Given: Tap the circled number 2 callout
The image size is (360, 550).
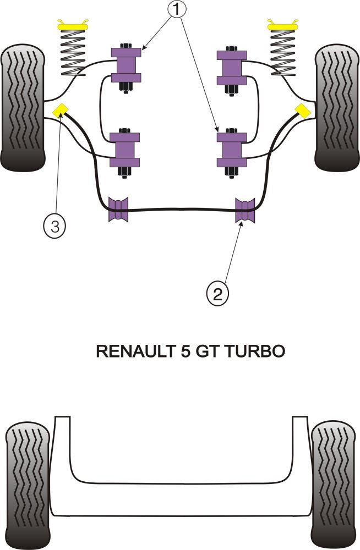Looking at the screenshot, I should (217, 294).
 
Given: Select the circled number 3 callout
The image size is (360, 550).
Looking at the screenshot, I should (54, 226).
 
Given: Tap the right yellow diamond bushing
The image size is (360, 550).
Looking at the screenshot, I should (302, 111).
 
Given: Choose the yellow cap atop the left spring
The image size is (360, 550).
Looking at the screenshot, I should (74, 25).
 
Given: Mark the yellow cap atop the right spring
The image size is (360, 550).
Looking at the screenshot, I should (283, 25).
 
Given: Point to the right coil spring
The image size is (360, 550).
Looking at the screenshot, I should (283, 52).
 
